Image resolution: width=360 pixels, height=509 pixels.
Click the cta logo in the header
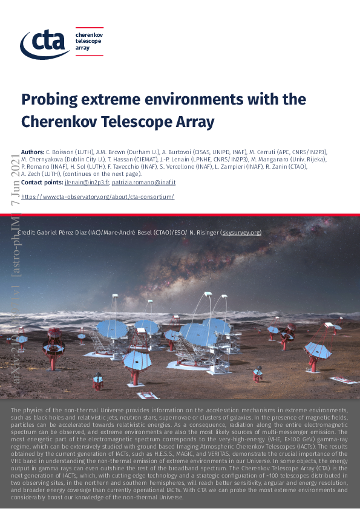[x=45, y=42]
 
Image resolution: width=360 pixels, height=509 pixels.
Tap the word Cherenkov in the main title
[x=61, y=122]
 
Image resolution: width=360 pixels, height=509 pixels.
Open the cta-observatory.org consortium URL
[x=97, y=197]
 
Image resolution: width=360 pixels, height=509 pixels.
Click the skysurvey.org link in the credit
[x=241, y=232]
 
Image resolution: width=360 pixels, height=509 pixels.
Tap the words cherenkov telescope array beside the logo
[x=88, y=42]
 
